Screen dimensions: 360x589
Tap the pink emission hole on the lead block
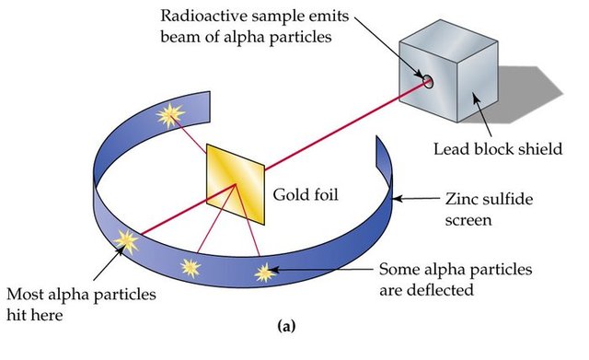tap(428, 81)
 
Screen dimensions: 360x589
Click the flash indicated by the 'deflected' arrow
tap(265, 272)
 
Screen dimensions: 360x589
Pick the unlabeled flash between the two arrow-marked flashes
tap(191, 268)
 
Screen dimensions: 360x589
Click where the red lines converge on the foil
tap(237, 186)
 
